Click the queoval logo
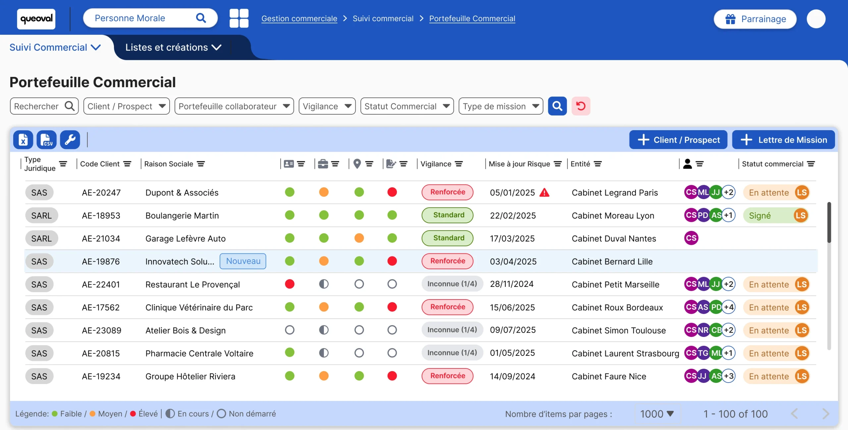coord(36,19)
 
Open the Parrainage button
coord(755,19)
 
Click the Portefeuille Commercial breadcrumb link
coord(472,19)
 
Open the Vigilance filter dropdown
coord(327,106)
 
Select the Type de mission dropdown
coord(501,106)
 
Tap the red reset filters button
coord(581,106)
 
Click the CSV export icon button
coord(46,139)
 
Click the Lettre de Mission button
coord(783,140)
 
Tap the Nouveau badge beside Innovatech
coord(243,261)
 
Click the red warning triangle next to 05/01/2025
coord(544,192)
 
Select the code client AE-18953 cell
coord(101,216)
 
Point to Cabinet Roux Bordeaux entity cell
coord(617,307)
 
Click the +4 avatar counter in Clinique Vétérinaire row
coord(728,307)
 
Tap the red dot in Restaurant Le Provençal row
coord(290,284)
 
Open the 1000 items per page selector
coord(657,414)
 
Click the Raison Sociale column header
coord(169,164)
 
